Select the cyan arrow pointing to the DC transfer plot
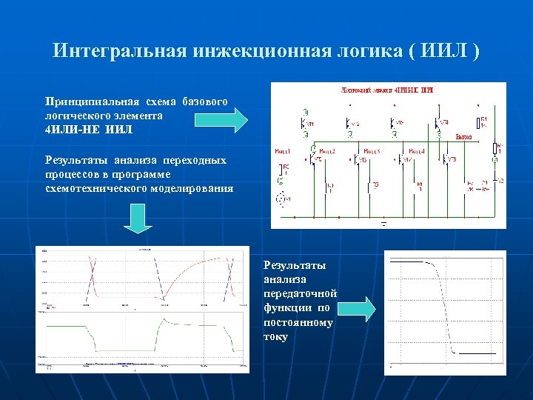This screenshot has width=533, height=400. [361, 308]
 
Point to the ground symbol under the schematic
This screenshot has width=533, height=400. [383, 221]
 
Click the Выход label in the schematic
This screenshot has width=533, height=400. [463, 137]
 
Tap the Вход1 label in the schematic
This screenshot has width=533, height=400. [283, 152]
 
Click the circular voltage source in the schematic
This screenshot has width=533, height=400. [281, 199]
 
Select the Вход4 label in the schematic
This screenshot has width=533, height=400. [417, 152]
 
